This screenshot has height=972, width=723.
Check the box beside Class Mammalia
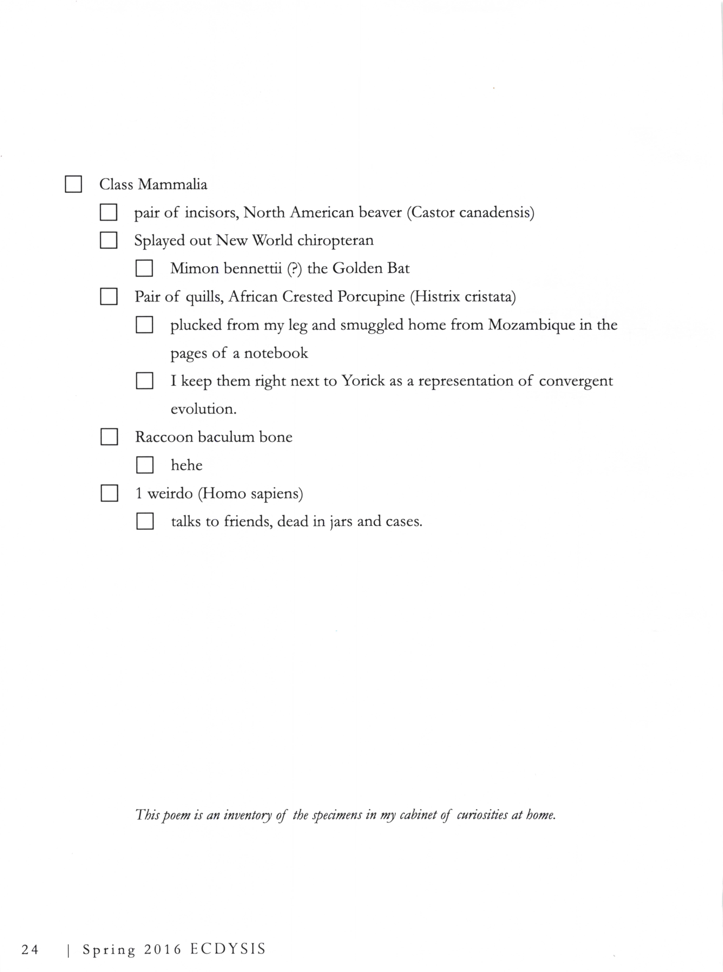point(73,184)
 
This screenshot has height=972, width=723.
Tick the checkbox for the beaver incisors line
point(108,212)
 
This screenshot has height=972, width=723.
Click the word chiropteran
point(335,241)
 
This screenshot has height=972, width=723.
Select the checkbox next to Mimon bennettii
point(144,268)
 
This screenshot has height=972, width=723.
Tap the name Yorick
point(363,381)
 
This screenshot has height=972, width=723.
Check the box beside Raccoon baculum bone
point(109,437)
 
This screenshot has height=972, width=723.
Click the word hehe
point(186,465)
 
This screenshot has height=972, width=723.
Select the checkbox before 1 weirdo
point(109,493)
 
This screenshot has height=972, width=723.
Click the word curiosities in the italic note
point(482,815)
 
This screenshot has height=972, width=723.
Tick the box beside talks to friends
point(145,521)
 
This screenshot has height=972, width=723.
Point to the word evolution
point(203,409)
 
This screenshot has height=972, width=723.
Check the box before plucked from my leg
point(144,325)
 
